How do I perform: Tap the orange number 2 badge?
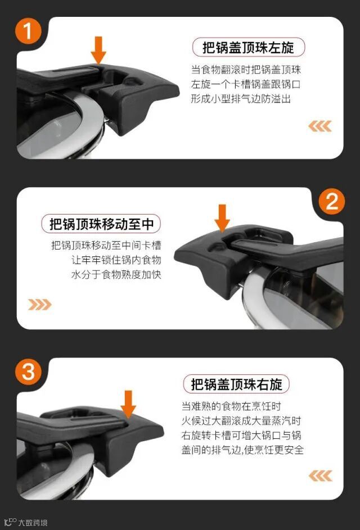click(x=331, y=201)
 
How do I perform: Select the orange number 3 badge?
click(x=28, y=372)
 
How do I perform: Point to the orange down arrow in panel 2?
click(x=222, y=218)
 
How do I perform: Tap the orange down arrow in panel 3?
click(x=128, y=404)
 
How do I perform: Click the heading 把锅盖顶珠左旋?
click(x=249, y=47)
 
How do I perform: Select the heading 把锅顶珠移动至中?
click(x=101, y=224)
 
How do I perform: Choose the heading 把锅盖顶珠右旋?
click(x=236, y=384)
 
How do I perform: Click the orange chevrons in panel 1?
click(x=319, y=126)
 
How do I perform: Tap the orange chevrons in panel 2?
click(x=39, y=305)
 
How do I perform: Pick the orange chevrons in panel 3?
click(x=320, y=475)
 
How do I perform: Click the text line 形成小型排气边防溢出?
click(x=241, y=99)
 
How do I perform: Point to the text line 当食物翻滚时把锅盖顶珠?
click(x=246, y=70)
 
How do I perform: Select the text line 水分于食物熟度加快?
click(x=116, y=274)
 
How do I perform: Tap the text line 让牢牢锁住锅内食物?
click(x=116, y=260)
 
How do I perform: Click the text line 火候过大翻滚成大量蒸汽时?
click(x=241, y=421)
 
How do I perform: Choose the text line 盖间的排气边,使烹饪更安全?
click(x=242, y=450)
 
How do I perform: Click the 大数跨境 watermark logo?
click(x=26, y=523)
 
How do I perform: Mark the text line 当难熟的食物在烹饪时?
click(x=231, y=406)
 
